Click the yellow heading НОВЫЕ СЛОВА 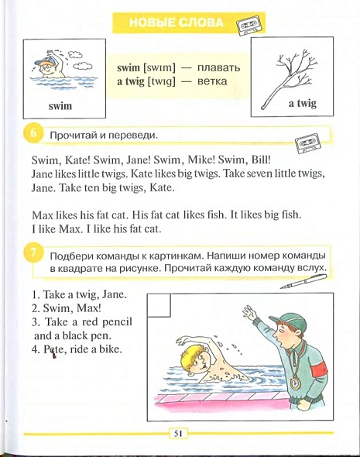click(x=176, y=22)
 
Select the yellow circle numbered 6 click(x=33, y=134)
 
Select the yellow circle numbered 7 click(x=33, y=253)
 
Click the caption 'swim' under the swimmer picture click(x=60, y=105)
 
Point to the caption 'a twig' click(x=303, y=104)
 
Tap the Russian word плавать click(x=219, y=67)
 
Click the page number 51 click(x=178, y=434)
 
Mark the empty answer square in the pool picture click(x=159, y=305)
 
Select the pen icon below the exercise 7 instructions click(x=303, y=281)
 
